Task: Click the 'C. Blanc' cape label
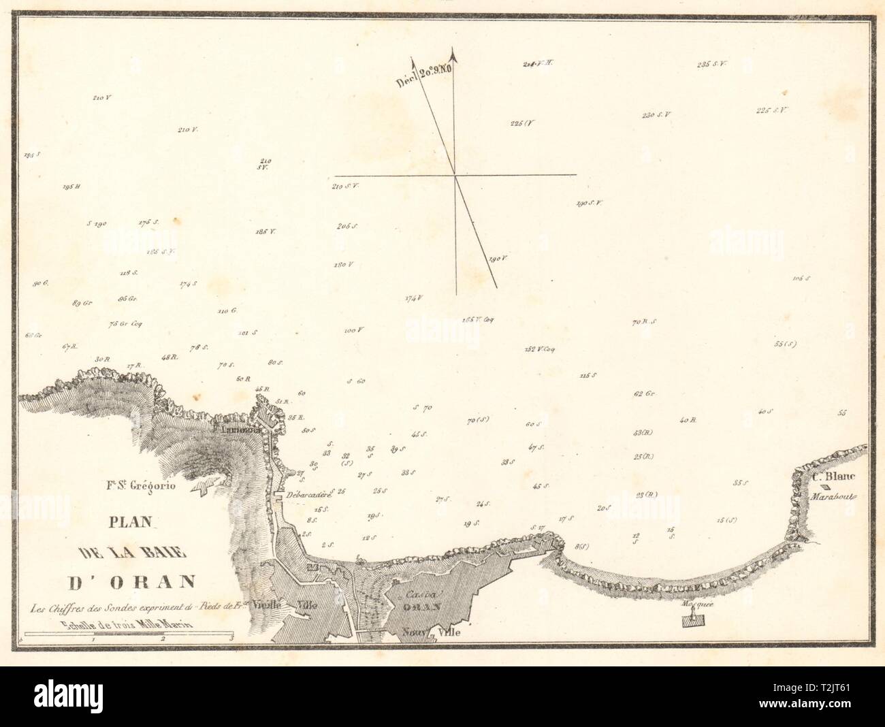828,476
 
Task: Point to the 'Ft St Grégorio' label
141,486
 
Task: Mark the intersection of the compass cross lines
455,175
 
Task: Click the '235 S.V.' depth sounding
712,65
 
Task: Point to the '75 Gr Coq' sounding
126,324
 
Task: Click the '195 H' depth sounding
71,187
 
